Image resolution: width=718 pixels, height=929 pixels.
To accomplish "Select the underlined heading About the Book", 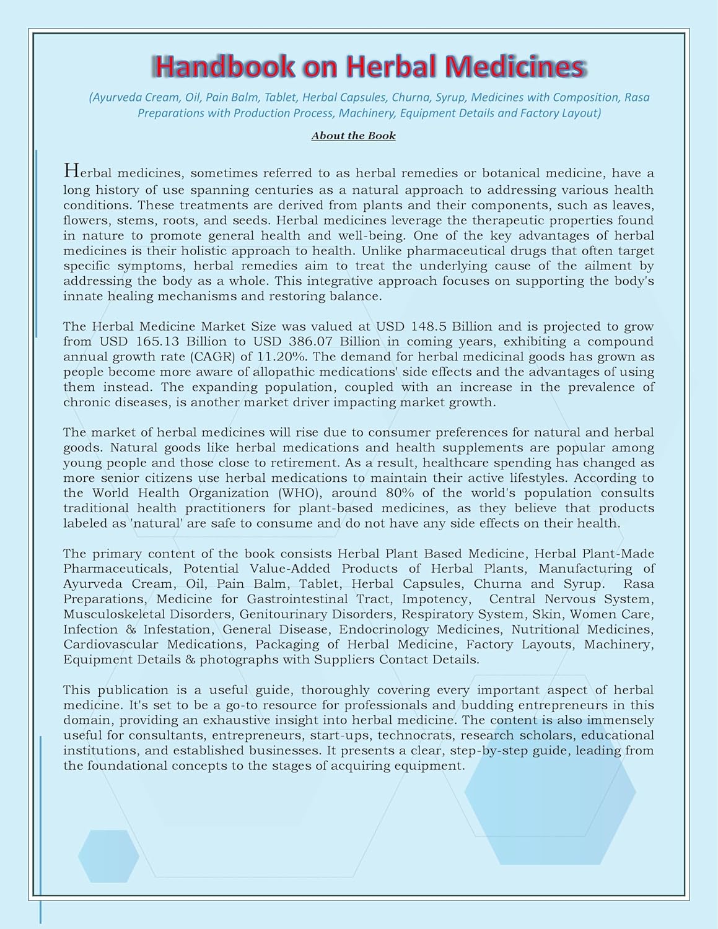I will point(353,136).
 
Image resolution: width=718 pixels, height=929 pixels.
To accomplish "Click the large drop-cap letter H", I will point(71,170).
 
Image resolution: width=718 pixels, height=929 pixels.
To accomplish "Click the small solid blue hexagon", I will point(108,856).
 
